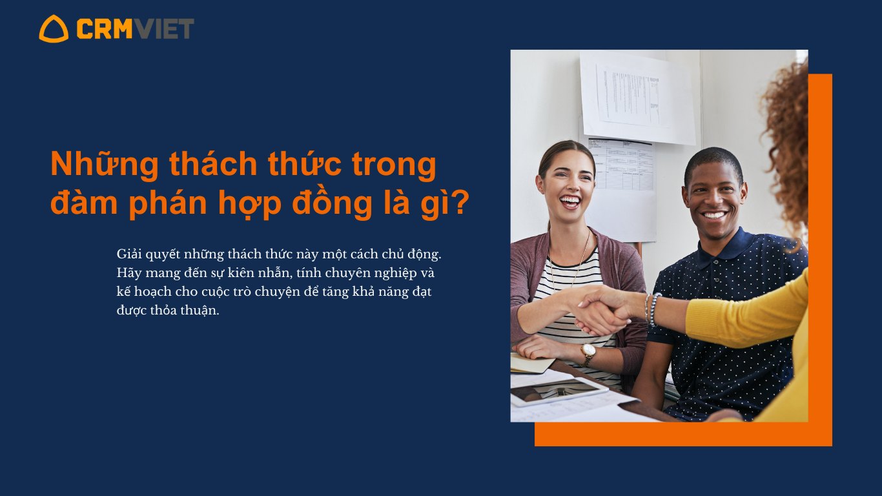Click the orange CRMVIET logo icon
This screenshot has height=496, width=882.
pyautogui.click(x=54, y=29)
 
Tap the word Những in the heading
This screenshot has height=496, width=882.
pyautogui.click(x=105, y=164)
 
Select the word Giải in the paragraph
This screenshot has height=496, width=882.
pyautogui.click(x=129, y=254)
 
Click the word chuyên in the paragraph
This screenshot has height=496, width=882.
pyautogui.click(x=347, y=273)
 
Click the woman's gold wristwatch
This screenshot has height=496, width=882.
pyautogui.click(x=588, y=354)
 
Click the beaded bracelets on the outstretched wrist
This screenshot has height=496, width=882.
pyautogui.click(x=651, y=309)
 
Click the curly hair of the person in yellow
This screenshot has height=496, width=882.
pyautogui.click(x=786, y=146)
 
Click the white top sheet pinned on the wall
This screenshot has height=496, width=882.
pyautogui.click(x=638, y=99)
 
